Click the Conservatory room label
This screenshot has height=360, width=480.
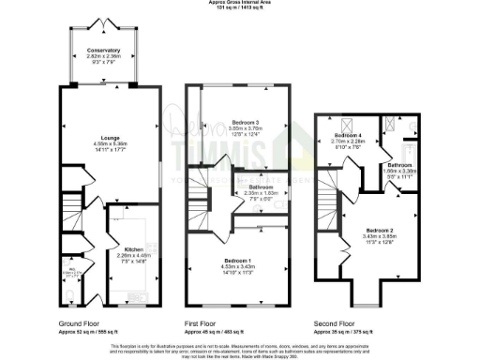(x=104, y=50)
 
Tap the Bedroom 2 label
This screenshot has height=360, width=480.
(x=379, y=230)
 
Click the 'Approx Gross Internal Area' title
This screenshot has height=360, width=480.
(x=240, y=3)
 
